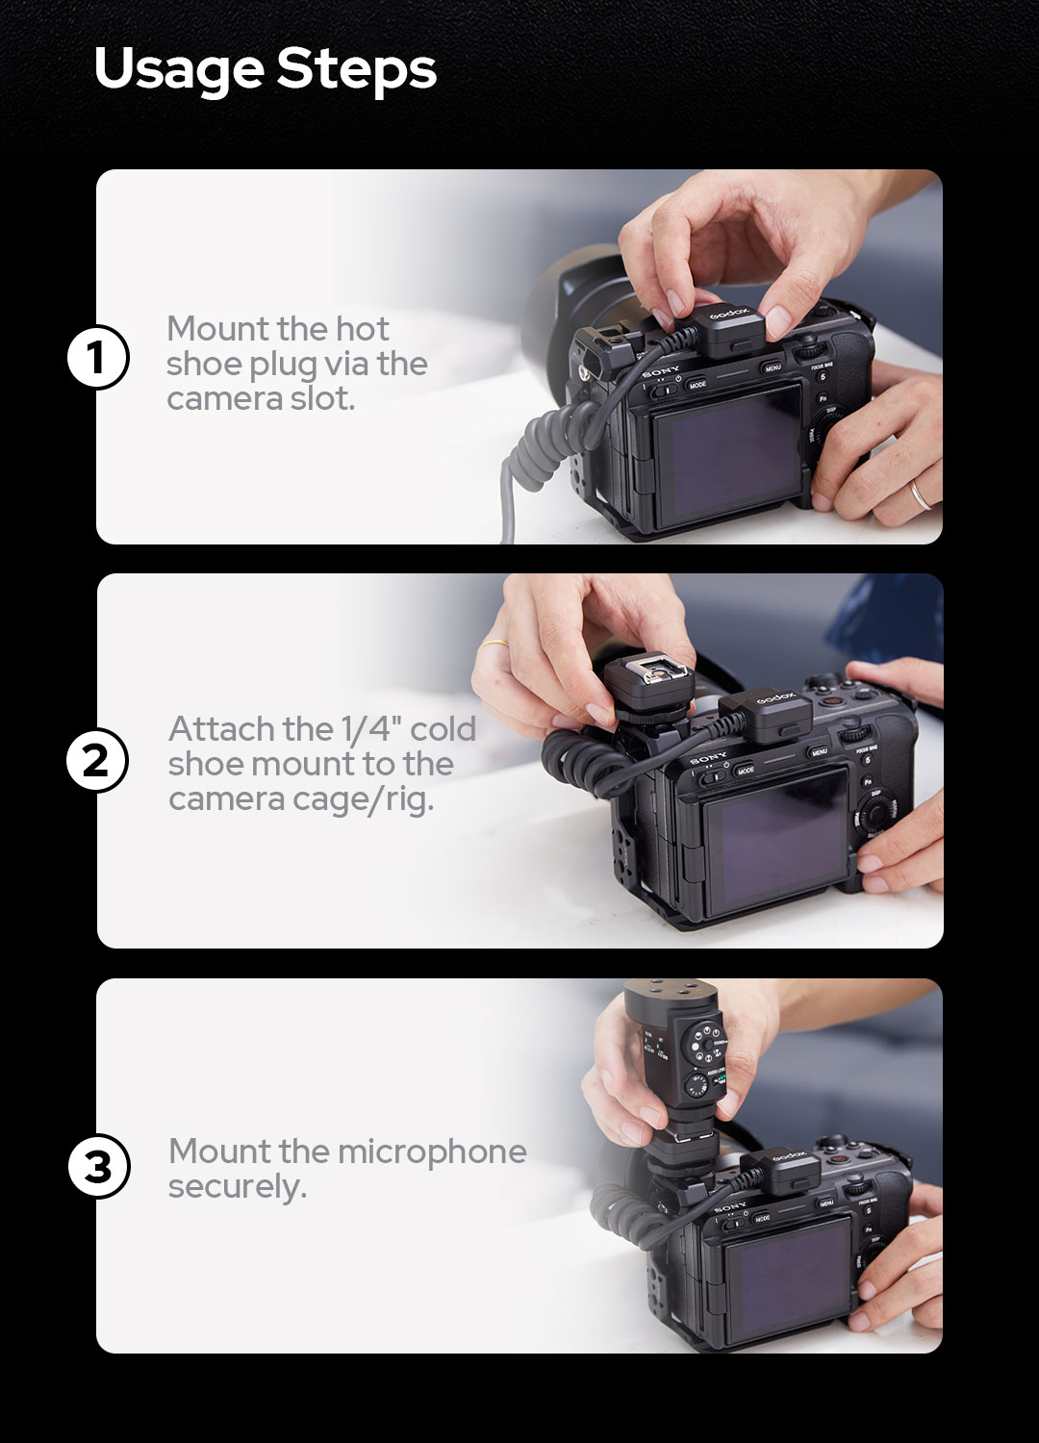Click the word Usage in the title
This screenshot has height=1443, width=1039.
point(179,69)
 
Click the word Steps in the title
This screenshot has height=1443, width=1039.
point(356,69)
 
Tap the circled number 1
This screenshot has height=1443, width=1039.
point(97,357)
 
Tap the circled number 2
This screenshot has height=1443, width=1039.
point(97,760)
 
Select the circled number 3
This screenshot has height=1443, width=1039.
point(98,1166)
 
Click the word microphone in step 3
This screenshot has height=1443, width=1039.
point(431,1152)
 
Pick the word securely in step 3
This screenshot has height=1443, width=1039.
point(237,1187)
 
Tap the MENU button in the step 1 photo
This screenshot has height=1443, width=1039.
point(773,367)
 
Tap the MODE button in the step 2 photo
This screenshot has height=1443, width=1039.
point(746,771)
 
